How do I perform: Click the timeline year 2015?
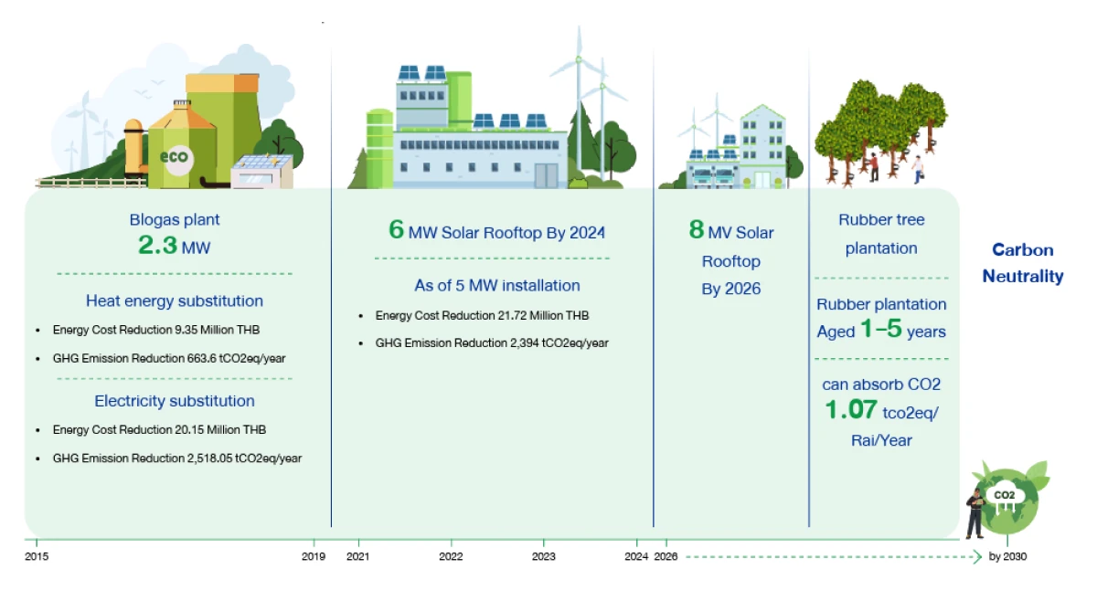coord(37,556)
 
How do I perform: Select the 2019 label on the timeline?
coord(314,556)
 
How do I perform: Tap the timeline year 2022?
coord(451,556)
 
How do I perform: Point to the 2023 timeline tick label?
coord(543,556)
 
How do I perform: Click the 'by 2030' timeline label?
coord(1007,556)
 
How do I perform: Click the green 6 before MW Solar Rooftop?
coord(396,230)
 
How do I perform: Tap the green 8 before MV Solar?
coord(696,230)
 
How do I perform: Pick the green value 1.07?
coord(851,411)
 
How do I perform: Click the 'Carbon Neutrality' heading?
coord(1023,263)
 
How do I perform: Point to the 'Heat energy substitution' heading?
coord(175,300)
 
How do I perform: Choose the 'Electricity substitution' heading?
coord(175,401)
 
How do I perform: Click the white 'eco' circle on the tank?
coord(174,156)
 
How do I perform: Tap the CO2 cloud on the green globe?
coord(1005,495)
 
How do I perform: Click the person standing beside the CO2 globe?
coord(975,511)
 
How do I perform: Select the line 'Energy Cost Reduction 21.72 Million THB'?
coord(482,315)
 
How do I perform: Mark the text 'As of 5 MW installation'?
coord(497,285)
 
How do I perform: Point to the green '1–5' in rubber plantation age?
coord(878,331)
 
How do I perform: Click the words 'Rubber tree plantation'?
coord(881,234)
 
